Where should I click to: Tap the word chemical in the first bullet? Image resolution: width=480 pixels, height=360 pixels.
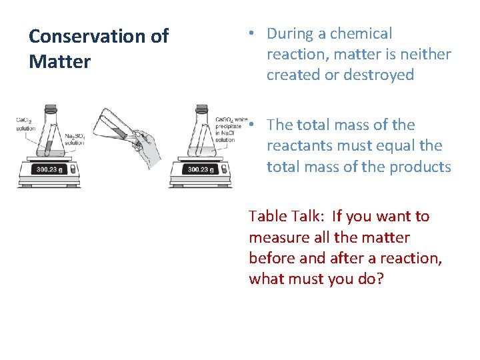361,33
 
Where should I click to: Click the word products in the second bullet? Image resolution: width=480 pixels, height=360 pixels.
421,167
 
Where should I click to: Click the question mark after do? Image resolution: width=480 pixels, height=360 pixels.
379,279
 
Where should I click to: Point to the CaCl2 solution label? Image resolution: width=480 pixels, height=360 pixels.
25,124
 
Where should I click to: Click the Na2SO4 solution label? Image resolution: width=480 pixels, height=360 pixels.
74,139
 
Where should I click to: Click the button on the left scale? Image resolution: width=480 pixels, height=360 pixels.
72,170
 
